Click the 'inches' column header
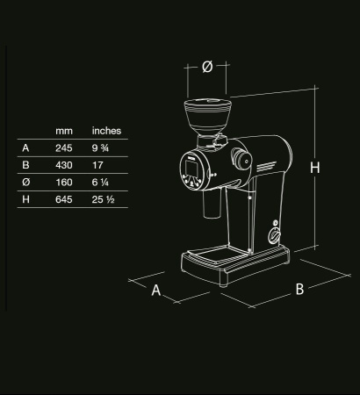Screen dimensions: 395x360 click(106, 131)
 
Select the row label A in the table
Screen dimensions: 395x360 click(25, 148)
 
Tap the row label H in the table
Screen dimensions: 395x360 click(25, 201)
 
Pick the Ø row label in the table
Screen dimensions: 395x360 click(25, 183)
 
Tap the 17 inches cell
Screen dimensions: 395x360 click(97, 166)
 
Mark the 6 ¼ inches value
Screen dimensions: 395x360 click(100, 183)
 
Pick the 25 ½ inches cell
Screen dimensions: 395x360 click(103, 201)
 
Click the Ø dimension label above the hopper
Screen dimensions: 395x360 click(207, 68)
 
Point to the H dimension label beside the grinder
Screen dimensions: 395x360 click(315, 167)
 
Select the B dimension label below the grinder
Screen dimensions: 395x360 click(299, 289)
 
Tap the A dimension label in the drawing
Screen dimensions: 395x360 click(156, 291)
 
